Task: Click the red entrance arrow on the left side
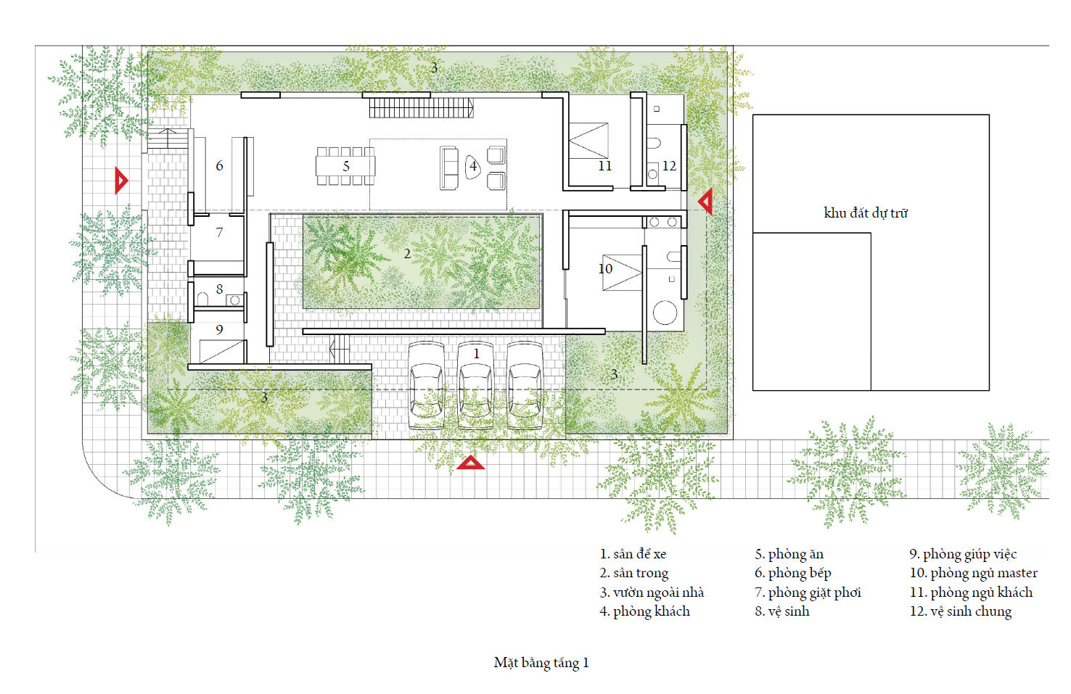click(x=121, y=181)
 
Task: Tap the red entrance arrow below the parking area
click(x=470, y=463)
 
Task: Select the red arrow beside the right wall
click(x=706, y=201)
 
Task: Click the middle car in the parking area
click(x=475, y=385)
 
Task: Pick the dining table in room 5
click(x=345, y=166)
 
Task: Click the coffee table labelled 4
click(x=473, y=167)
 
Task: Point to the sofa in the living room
click(x=449, y=168)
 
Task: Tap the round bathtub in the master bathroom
click(x=665, y=313)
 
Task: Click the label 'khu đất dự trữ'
click(x=866, y=213)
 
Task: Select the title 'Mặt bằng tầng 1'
click(x=541, y=663)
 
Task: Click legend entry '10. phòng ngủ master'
click(x=974, y=573)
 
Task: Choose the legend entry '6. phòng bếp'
click(x=793, y=573)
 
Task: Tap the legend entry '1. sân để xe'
click(x=633, y=554)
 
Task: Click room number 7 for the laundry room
click(x=219, y=232)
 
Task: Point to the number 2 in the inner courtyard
click(x=407, y=254)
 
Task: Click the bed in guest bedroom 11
click(x=588, y=141)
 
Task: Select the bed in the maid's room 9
click(x=222, y=351)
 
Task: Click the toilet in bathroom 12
click(x=654, y=143)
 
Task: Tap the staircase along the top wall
click(x=422, y=108)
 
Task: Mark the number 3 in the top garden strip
click(x=434, y=68)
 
